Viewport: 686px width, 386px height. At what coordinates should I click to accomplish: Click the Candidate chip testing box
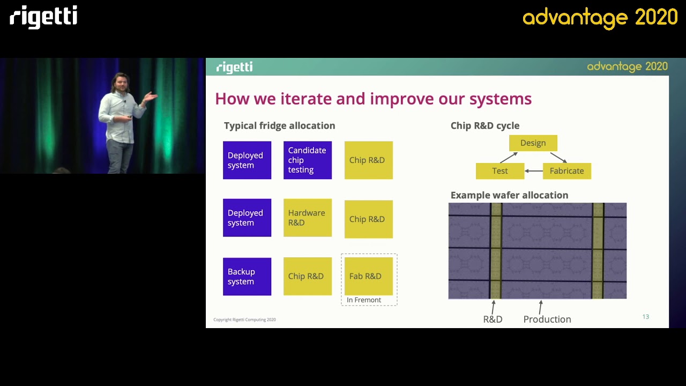307,160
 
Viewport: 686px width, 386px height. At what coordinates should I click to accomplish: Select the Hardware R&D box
307,218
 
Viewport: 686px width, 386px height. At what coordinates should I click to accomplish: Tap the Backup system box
247,277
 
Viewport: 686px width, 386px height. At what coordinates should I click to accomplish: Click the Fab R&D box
368,276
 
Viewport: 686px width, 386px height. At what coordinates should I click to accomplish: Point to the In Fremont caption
364,300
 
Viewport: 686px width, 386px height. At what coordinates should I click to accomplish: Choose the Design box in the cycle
533,143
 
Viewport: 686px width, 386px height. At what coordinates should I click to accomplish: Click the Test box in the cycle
499,171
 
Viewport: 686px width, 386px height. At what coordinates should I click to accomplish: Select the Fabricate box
566,171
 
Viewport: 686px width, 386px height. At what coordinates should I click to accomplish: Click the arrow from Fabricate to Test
533,171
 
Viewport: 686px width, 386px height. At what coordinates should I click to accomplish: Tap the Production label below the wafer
547,319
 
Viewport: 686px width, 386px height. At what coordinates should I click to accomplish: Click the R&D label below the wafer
493,319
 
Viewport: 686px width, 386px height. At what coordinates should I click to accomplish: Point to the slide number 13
645,317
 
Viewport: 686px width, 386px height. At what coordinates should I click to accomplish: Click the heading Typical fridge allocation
279,125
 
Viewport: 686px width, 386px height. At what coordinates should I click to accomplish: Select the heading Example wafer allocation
509,195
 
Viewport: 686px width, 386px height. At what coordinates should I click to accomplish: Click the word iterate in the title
305,99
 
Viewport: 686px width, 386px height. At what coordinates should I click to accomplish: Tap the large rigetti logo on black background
43,17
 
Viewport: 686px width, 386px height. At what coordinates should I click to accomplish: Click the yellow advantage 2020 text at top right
600,18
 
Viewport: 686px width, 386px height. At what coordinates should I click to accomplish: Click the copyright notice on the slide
244,320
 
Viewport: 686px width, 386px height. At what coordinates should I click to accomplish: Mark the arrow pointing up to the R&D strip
493,307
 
